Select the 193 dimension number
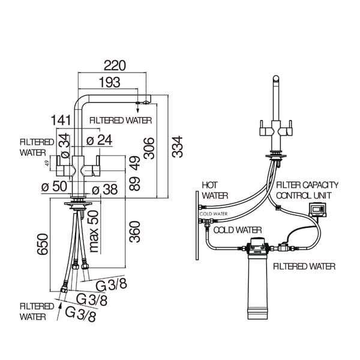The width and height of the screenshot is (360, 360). click(x=109, y=82)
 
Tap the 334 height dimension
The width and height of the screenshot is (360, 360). click(x=176, y=146)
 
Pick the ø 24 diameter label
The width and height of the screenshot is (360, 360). click(x=100, y=140)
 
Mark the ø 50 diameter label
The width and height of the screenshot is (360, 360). click(x=53, y=186)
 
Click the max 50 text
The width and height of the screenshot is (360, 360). click(x=94, y=231)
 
